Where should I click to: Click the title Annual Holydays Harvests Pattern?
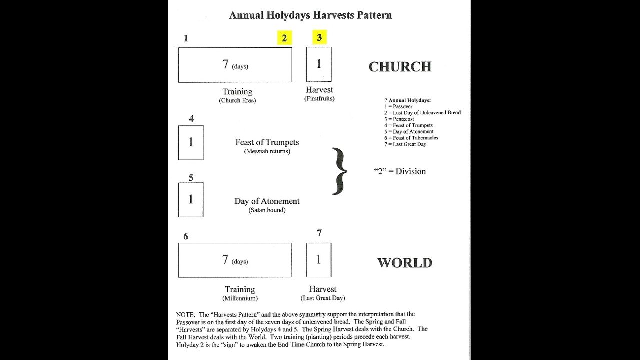[x=310, y=15]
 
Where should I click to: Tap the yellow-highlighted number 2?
[x=284, y=38]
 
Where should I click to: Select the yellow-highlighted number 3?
[x=319, y=37]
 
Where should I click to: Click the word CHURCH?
[x=400, y=67]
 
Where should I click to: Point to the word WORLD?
[x=404, y=263]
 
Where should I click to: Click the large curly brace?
[x=340, y=171]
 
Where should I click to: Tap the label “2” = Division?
[x=400, y=171]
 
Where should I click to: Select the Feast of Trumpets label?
[x=267, y=142]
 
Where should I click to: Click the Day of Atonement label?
[x=267, y=201]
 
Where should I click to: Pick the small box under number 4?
[x=191, y=142]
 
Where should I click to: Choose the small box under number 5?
[x=191, y=199]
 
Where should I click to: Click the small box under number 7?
[x=319, y=260]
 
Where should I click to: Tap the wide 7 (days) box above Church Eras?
[x=235, y=65]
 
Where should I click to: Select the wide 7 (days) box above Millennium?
[x=235, y=260]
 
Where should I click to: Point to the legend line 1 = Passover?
[x=398, y=107]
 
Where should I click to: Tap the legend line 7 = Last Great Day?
[x=405, y=144]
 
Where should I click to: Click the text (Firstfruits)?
[x=319, y=99]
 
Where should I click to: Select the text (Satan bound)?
[x=267, y=210]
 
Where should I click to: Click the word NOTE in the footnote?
[x=185, y=315]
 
